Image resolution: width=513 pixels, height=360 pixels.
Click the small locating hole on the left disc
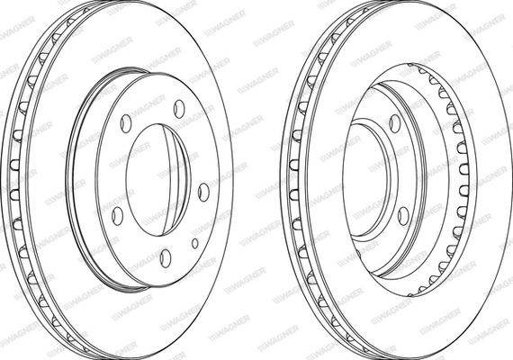coord(195,243)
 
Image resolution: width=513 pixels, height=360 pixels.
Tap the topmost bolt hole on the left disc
coord(179,109)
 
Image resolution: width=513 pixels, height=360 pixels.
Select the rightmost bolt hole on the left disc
coord(203,192)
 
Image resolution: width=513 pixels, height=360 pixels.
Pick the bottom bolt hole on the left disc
coord(166,258)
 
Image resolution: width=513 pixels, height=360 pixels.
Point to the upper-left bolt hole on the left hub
coord(126,123)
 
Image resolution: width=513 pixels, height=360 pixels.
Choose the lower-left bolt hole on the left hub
coord(118,216)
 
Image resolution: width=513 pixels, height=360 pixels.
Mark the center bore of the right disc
coord(366,176)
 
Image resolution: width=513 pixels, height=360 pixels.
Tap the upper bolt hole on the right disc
coord(395,123)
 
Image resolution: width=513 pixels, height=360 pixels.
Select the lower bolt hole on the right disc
coord(404,216)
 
